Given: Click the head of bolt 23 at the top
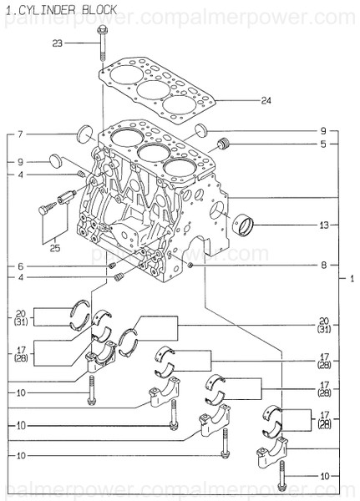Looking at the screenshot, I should [x=101, y=32].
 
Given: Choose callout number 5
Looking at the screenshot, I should [x=323, y=144].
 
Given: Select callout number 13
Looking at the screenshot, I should [x=323, y=225].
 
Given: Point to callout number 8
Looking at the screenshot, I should [x=323, y=266].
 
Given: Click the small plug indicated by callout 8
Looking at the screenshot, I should [x=190, y=266].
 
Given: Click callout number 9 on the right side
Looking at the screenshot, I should [x=323, y=131].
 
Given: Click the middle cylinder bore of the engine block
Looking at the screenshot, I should [x=150, y=153].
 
